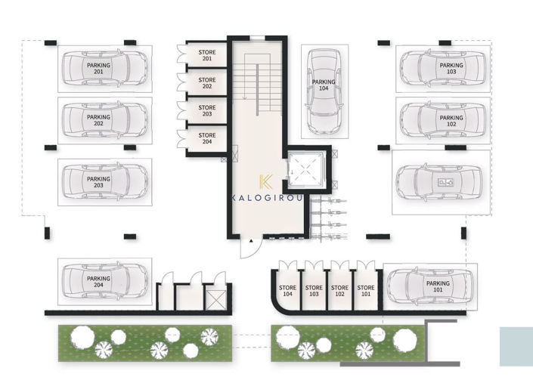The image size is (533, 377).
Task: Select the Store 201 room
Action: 206,55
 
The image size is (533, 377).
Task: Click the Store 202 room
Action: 206,83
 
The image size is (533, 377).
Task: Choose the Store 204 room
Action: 206,139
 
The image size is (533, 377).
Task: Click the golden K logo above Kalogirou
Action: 265,182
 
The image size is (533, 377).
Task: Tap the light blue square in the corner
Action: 516,346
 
